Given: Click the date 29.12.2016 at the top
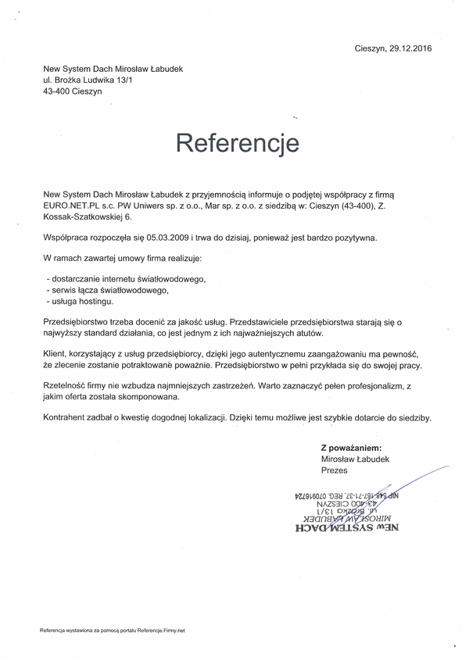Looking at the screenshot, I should coord(410,48).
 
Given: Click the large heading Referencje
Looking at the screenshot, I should coord(238,144).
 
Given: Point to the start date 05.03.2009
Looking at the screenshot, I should coord(165,236).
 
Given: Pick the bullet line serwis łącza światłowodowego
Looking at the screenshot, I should coord(107,289).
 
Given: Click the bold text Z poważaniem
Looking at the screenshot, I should coord(351,448).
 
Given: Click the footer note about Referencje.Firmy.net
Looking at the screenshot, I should coord(112,629).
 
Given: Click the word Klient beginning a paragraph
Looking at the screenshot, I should coord(56,354).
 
